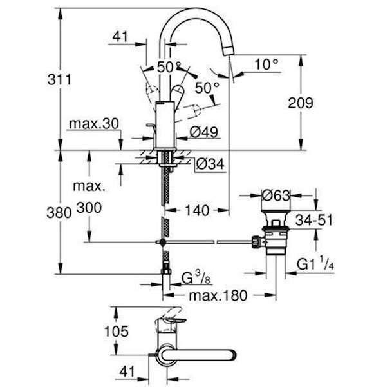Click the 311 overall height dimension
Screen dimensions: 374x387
coord(59,80)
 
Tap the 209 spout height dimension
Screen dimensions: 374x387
coord(301,103)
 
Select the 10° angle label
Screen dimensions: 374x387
coord(266,64)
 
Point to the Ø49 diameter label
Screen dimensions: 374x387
coord(204,132)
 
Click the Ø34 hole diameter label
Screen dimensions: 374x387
coord(210,164)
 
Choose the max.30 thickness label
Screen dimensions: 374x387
coord(94,124)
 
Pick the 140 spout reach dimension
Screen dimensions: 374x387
coord(197,210)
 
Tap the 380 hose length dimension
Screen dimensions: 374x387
coord(59,212)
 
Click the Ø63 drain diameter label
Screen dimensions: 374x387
coord(276,195)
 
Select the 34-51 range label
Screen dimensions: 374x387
coord(314,220)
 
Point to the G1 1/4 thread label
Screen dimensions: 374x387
coord(315,264)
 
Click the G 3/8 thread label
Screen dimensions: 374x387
coord(196,277)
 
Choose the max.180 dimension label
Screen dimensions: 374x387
coord(218,295)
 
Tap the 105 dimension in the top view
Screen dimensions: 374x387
coord(117,332)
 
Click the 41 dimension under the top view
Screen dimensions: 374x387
coord(127,372)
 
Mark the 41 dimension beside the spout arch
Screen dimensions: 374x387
coord(120,37)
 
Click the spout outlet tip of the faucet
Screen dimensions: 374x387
coord(229,51)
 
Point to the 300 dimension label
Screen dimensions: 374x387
coord(89,208)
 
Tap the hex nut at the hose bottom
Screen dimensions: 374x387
coord(166,272)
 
